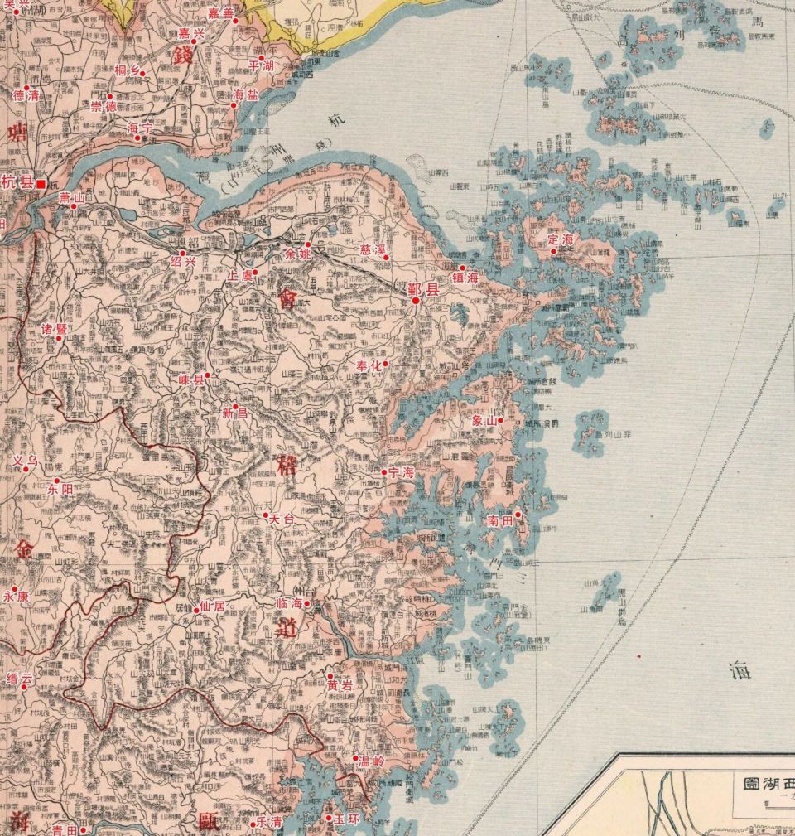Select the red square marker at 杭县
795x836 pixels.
(x=40, y=184)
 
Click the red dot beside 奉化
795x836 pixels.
(x=384, y=364)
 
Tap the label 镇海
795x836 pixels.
(x=465, y=278)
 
